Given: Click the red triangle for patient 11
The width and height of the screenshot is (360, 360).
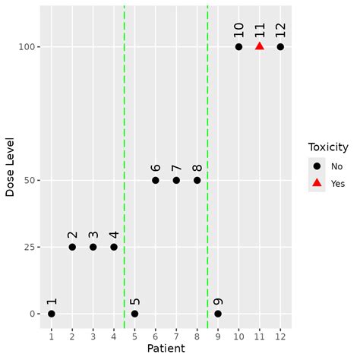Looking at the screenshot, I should (260, 46).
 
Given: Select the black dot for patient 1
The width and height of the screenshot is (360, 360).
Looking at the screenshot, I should (51, 314).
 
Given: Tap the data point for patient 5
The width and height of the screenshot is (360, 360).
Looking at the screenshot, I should (134, 314).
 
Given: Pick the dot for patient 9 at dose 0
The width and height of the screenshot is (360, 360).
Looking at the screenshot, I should (218, 314).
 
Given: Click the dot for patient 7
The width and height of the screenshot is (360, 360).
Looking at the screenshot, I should (176, 180).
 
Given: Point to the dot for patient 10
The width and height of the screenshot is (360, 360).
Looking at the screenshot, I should (238, 46).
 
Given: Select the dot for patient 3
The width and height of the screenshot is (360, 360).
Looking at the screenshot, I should (93, 247).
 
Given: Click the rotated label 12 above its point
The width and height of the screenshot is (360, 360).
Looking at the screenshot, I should (280, 30).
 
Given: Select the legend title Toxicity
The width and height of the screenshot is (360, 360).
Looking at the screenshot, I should (328, 147).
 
